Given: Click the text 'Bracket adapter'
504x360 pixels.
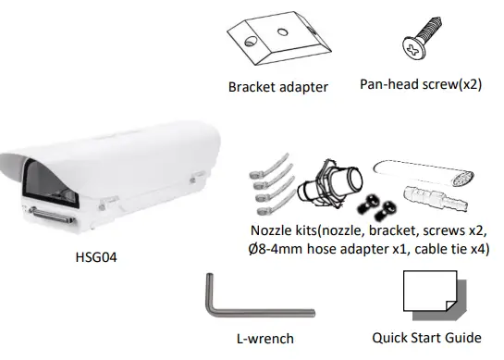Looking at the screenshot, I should (277, 88).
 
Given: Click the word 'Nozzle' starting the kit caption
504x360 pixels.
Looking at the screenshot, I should (273, 229).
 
